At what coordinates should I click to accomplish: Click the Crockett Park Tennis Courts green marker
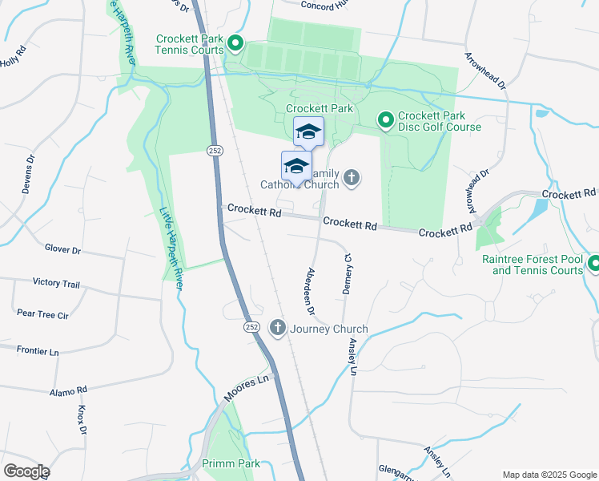[235, 43]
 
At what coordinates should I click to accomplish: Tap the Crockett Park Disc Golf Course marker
[385, 120]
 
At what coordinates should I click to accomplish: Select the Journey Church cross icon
[278, 327]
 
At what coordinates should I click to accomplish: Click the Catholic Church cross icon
[352, 177]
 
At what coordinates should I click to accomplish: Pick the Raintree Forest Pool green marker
[593, 263]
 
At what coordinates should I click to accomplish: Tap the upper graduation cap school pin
[308, 132]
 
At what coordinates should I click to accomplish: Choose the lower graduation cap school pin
[296, 167]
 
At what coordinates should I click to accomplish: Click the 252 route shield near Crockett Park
[214, 151]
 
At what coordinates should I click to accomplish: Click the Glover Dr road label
[63, 250]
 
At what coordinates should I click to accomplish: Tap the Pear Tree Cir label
[42, 315]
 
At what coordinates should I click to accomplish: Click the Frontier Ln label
[38, 351]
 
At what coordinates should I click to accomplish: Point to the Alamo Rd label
[68, 390]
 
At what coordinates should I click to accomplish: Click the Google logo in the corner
[26, 471]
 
